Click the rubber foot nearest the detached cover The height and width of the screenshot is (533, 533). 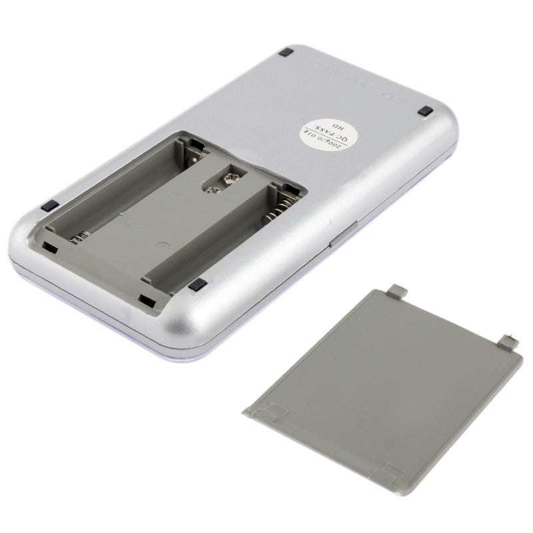196,285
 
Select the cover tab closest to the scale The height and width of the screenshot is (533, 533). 397,291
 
